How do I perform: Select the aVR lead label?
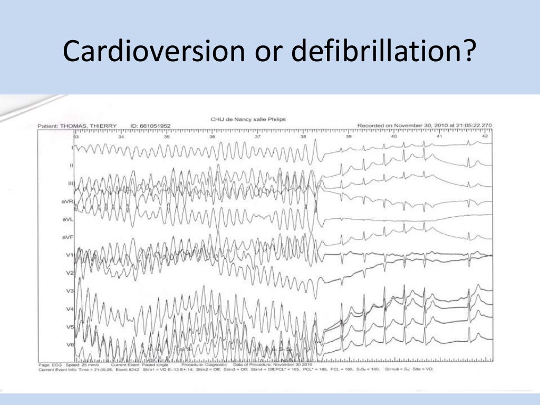pyautogui.click(x=67, y=201)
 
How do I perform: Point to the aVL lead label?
pyautogui.click(x=67, y=219)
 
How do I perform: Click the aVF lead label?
pyautogui.click(x=67, y=238)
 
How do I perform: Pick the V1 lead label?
pyautogui.click(x=69, y=255)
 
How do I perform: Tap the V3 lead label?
pyautogui.click(x=69, y=291)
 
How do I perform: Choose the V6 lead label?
pyautogui.click(x=69, y=345)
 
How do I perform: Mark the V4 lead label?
pyautogui.click(x=69, y=309)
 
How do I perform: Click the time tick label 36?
pyautogui.click(x=212, y=137)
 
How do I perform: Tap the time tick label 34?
pyautogui.click(x=121, y=137)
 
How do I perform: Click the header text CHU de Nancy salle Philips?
pyautogui.click(x=248, y=120)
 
